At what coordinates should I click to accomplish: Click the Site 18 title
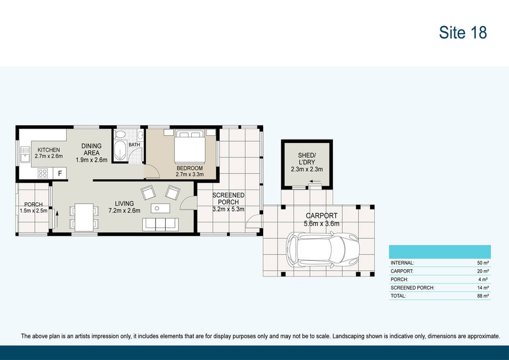tap(462, 33)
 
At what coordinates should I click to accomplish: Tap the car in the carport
tap(323, 250)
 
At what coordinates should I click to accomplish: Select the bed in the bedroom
tap(190, 146)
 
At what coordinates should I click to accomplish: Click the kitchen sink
tap(25, 155)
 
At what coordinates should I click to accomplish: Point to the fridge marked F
tap(60, 173)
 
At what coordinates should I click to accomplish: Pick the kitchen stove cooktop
tap(43, 173)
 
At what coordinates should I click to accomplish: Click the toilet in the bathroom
tap(120, 135)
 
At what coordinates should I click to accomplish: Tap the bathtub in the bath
tap(120, 151)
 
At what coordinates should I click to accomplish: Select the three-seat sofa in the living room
tap(161, 224)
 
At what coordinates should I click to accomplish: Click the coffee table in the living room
tap(161, 208)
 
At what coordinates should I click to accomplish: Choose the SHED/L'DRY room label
tap(307, 159)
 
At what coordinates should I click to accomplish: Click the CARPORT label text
tap(321, 215)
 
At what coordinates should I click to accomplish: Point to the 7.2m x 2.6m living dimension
tap(124, 210)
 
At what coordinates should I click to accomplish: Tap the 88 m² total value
tap(483, 296)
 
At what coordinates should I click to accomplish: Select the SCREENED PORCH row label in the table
tap(412, 287)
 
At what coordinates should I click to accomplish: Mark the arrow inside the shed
tap(315, 181)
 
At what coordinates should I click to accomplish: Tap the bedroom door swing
tap(152, 171)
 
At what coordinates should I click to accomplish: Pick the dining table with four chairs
tap(84, 217)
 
